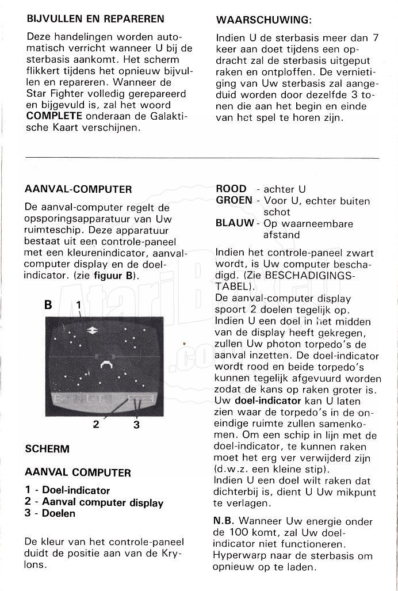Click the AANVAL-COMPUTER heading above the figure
coord(78,189)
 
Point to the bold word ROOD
coord(231,189)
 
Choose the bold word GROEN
coord(234,200)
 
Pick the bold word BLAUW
coord(234,224)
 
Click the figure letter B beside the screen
coord(48,306)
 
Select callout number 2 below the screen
coord(96,425)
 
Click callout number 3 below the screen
coord(136,425)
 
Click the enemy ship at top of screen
coord(91,330)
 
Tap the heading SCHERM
coord(47,448)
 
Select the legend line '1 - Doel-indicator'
coord(67,491)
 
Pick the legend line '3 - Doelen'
coord(50,513)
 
